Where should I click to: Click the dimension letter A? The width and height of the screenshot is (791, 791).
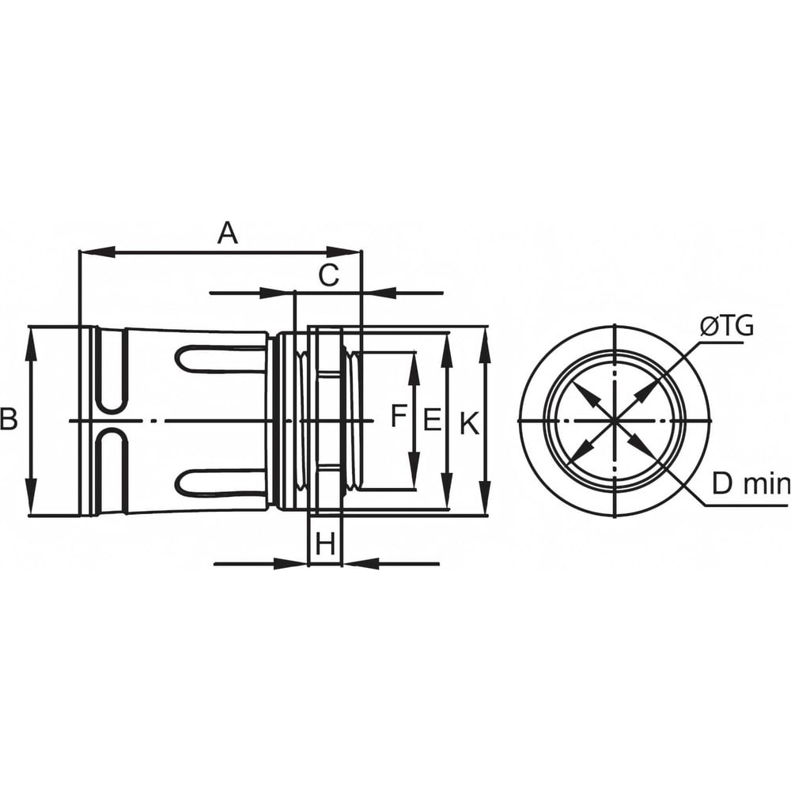228,233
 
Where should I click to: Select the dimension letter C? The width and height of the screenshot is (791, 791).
329,275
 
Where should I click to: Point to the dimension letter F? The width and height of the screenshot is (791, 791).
399,416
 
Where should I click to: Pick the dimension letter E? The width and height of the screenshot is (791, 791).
432,420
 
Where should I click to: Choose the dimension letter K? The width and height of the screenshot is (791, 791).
469,422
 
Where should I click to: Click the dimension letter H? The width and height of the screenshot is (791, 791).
325,544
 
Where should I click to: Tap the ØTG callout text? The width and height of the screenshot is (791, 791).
727,327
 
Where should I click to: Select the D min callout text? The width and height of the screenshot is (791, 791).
750,484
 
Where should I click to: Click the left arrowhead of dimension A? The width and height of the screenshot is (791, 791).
98,251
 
